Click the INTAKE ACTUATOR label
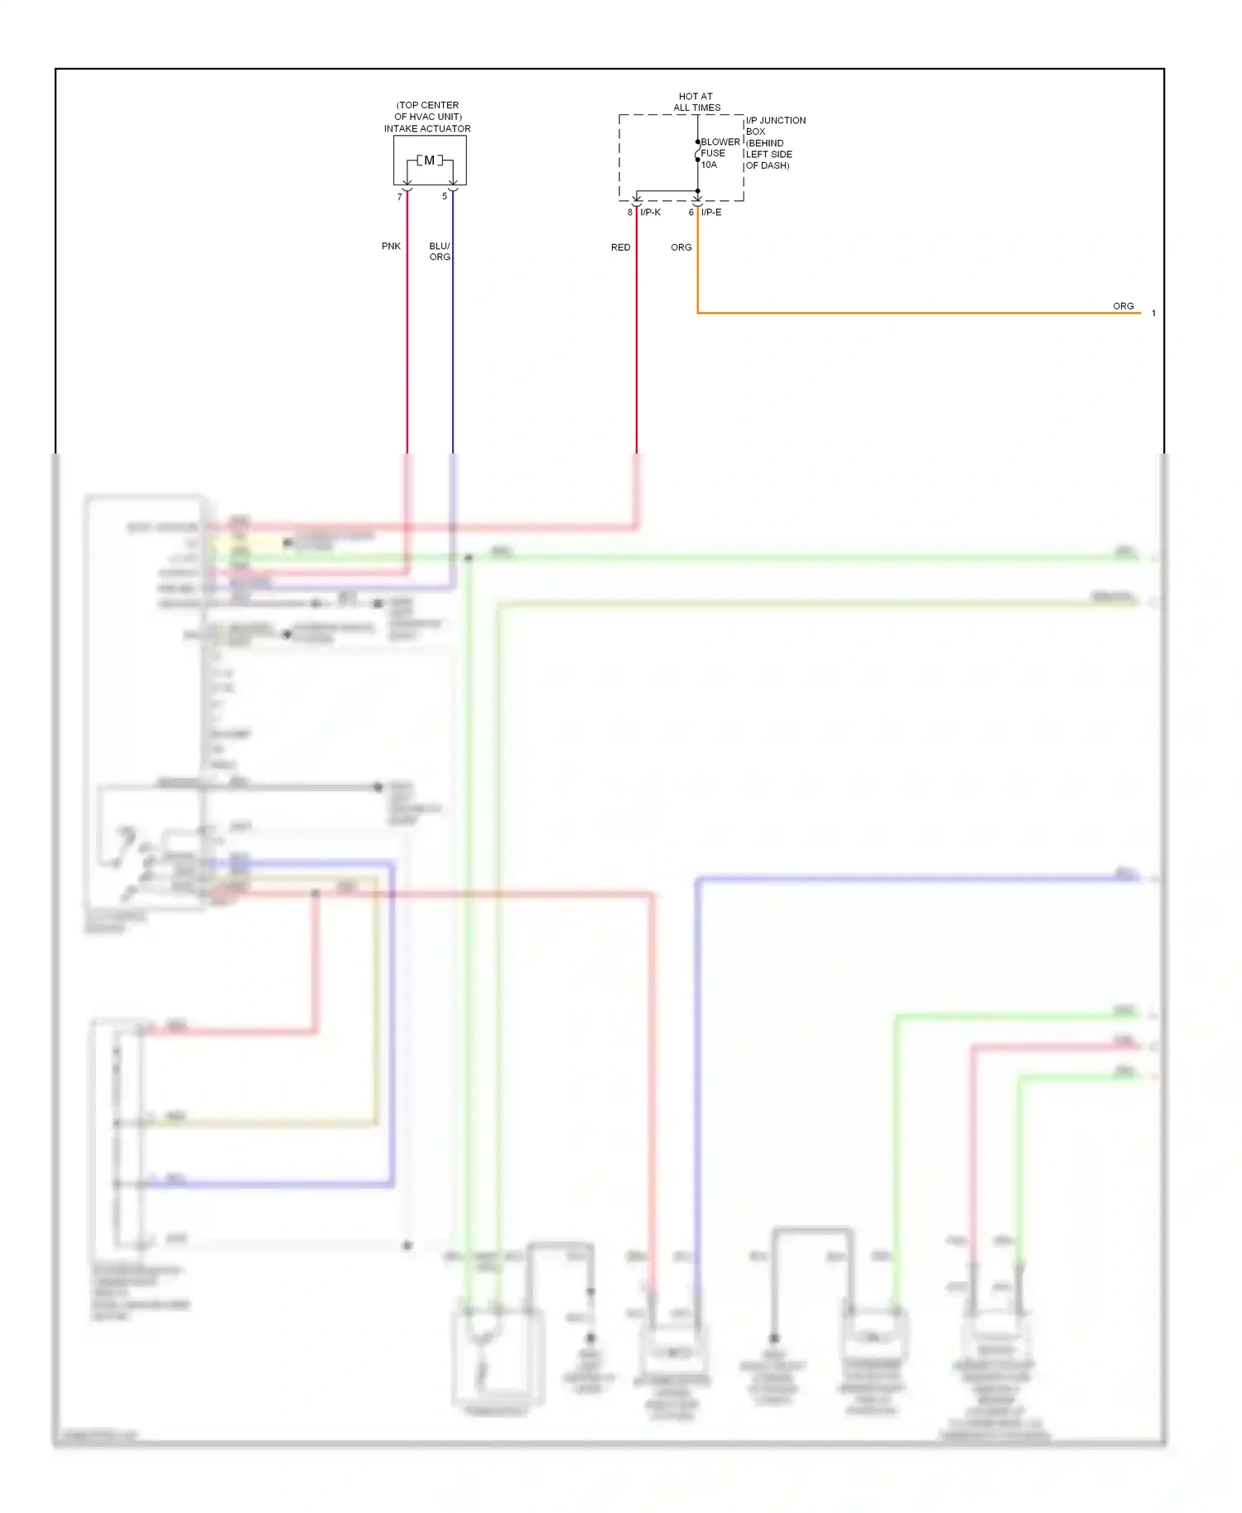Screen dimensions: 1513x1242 coord(427,129)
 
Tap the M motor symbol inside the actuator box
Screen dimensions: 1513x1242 coord(429,161)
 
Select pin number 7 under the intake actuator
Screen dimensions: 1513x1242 coord(400,197)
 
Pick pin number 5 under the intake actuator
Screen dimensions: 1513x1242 coord(445,196)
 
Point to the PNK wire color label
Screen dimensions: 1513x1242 coord(391,247)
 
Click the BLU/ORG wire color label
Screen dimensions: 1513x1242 coord(440,252)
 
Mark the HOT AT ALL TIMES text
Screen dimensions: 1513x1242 coord(696,102)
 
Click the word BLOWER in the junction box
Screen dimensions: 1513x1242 coord(720,142)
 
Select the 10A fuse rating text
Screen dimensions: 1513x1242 coord(709,165)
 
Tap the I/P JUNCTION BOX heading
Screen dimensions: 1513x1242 coord(775,126)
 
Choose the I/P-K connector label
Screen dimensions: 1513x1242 coord(650,213)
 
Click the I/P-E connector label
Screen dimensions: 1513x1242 coord(711,213)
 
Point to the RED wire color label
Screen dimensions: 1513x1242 coord(620,247)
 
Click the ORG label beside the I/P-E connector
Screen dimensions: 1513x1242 coord(681,247)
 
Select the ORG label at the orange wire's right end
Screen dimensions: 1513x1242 coord(1123,306)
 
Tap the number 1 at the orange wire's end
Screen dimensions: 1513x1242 coord(1153,314)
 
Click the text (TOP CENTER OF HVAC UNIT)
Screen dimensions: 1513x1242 coord(427,111)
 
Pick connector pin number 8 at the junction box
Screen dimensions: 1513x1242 coord(630,213)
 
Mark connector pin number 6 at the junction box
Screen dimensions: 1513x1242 coord(691,213)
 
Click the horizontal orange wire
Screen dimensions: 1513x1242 coord(911,313)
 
